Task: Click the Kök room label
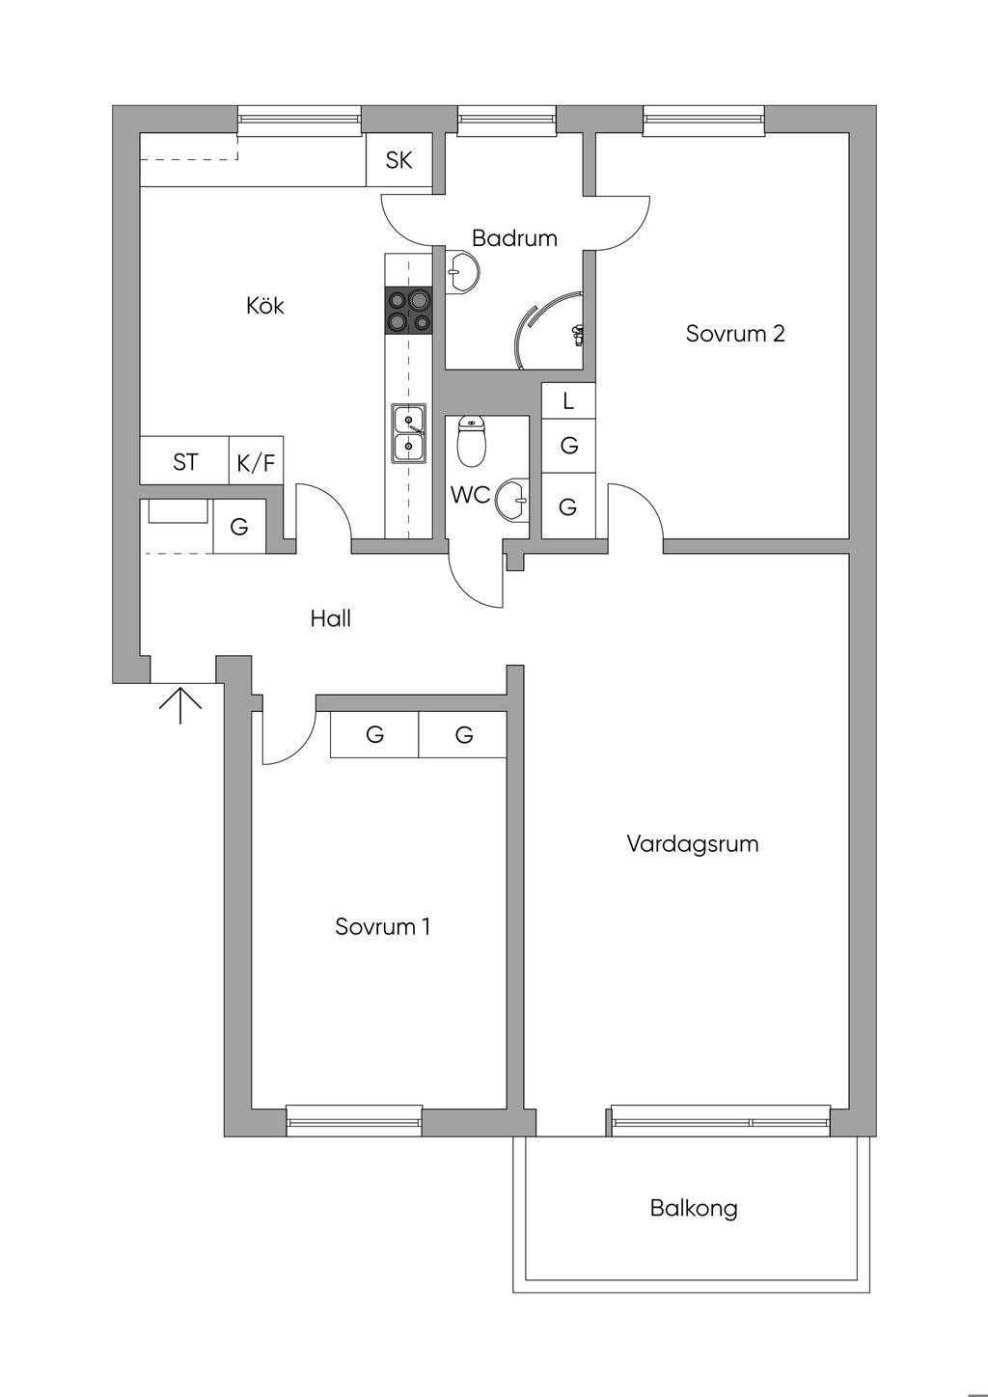point(265,307)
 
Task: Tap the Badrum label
point(514,238)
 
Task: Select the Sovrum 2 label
point(735,334)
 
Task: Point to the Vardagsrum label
point(692,844)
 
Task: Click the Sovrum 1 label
point(382,927)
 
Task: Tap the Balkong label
point(694,1208)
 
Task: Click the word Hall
point(330,618)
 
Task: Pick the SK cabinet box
point(398,160)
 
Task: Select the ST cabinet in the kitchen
point(185,462)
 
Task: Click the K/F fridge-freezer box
point(256,463)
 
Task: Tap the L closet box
point(568,400)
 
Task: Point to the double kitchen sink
point(408,433)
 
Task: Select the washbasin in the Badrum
point(463,273)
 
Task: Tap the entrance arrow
point(180,703)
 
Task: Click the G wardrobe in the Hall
point(238,527)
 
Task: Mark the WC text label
point(471,496)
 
